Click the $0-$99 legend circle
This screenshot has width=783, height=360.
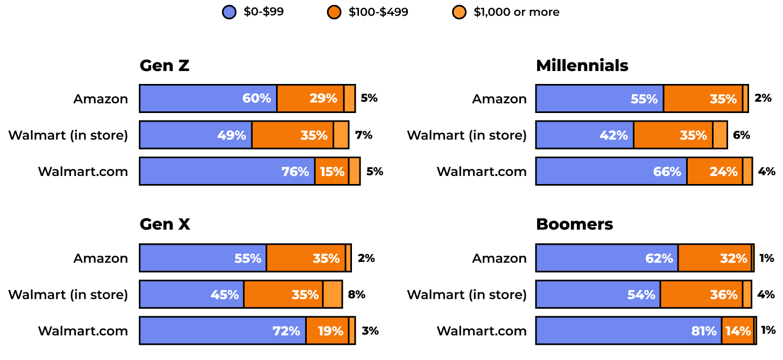[x=229, y=12]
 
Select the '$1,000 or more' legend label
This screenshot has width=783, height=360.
[x=516, y=12]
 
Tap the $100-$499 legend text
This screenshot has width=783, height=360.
[x=378, y=12]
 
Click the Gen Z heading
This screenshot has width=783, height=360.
[x=164, y=66]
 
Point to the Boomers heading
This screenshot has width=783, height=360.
[x=574, y=224]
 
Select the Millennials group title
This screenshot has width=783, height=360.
[x=582, y=66]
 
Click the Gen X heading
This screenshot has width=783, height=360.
[x=165, y=224]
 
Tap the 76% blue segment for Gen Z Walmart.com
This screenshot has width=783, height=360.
[x=227, y=172]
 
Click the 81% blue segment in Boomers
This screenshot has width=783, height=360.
[x=628, y=331]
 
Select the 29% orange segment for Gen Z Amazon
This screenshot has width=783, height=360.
[x=310, y=98]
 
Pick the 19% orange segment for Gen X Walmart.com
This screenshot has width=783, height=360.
[x=327, y=331]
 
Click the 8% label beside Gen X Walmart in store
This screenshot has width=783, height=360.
[x=357, y=294]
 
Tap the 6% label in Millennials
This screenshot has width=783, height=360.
[x=741, y=135]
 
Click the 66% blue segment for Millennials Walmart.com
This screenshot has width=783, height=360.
[x=611, y=172]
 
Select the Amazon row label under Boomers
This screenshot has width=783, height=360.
[x=499, y=258]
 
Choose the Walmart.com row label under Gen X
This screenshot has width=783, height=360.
[x=83, y=331]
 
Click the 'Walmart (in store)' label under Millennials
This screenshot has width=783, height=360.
[x=467, y=135]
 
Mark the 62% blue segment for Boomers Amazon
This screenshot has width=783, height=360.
[x=606, y=258]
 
